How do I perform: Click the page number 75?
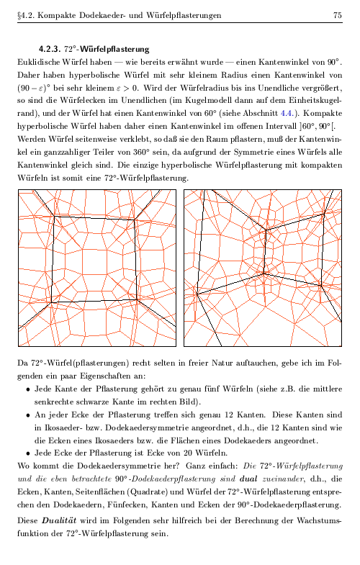pyautogui.click(x=338, y=15)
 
